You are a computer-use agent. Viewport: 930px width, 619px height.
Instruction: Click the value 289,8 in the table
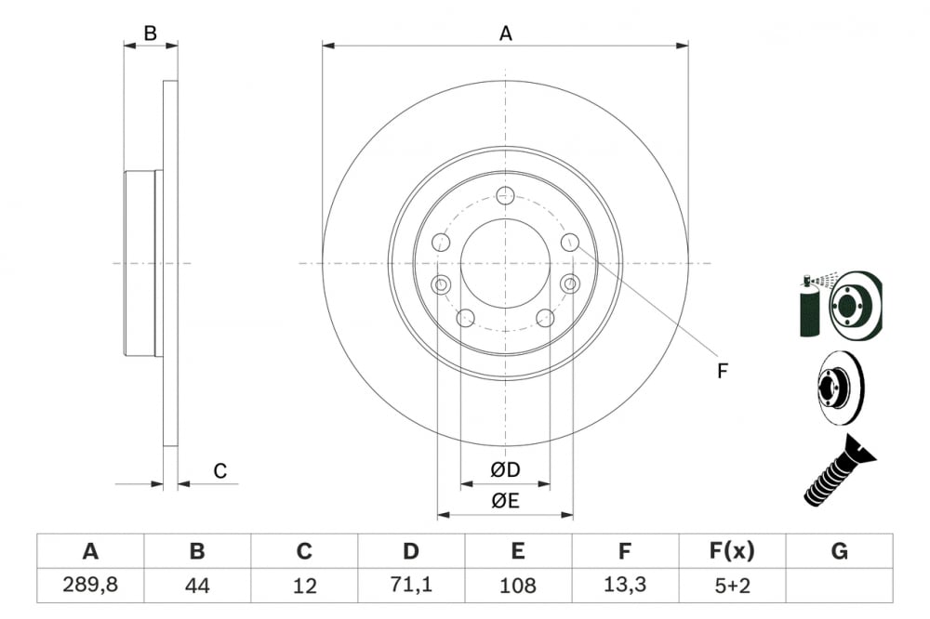90,586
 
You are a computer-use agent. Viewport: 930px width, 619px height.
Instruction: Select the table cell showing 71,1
411,586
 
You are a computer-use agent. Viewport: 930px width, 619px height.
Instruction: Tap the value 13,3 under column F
625,586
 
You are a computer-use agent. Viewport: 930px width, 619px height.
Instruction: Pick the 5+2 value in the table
732,586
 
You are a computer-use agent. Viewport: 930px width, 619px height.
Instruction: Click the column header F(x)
732,551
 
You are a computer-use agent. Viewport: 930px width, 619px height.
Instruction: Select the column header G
839,551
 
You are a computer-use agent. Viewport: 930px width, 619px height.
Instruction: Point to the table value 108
518,586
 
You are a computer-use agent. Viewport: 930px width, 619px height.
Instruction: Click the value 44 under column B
197,586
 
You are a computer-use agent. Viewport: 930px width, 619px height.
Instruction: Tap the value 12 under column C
304,586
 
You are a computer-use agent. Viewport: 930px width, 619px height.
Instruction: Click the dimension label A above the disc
505,33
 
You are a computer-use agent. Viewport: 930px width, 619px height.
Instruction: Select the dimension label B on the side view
150,33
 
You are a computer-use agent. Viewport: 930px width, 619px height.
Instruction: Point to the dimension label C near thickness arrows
220,471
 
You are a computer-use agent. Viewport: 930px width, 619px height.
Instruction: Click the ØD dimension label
505,470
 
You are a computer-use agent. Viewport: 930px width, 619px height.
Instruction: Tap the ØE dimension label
505,501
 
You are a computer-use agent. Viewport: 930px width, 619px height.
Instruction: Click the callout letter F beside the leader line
722,371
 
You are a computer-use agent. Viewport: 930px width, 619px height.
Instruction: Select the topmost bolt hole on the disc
505,195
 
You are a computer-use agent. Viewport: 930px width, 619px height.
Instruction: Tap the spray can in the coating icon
809,307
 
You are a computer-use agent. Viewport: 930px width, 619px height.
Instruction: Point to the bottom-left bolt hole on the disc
466,319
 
